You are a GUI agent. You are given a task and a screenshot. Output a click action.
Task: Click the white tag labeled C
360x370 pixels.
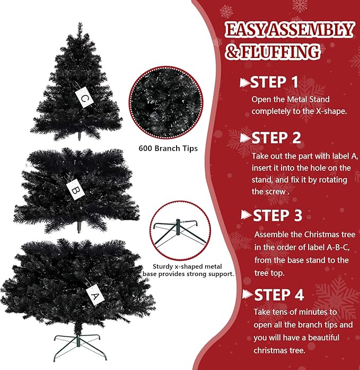point(85,97)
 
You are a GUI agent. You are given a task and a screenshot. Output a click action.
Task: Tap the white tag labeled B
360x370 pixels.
point(74,188)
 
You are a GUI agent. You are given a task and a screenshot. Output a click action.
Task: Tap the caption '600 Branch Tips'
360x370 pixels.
point(168,148)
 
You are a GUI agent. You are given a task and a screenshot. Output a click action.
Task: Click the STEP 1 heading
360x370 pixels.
point(274,82)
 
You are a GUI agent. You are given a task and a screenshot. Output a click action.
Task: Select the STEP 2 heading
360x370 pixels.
point(276,138)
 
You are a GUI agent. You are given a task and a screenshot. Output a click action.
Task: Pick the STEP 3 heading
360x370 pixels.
point(277,216)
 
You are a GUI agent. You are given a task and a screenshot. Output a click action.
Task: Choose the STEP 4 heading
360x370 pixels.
point(279,295)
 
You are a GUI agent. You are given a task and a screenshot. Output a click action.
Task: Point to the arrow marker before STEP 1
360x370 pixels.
point(244,82)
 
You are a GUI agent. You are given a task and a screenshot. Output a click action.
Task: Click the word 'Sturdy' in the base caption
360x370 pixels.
point(161,266)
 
